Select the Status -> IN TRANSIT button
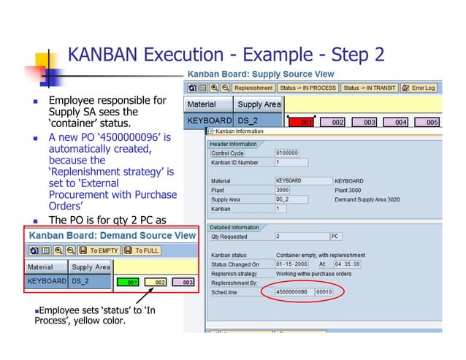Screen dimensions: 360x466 (370, 88)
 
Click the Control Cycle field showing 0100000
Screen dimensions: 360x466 (291, 153)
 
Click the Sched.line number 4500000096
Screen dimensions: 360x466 (292, 291)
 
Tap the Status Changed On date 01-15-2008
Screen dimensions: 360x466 (292, 264)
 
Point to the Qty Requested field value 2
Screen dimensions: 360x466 (299, 237)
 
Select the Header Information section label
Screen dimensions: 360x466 (234, 144)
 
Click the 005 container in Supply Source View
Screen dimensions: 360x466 (432, 122)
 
